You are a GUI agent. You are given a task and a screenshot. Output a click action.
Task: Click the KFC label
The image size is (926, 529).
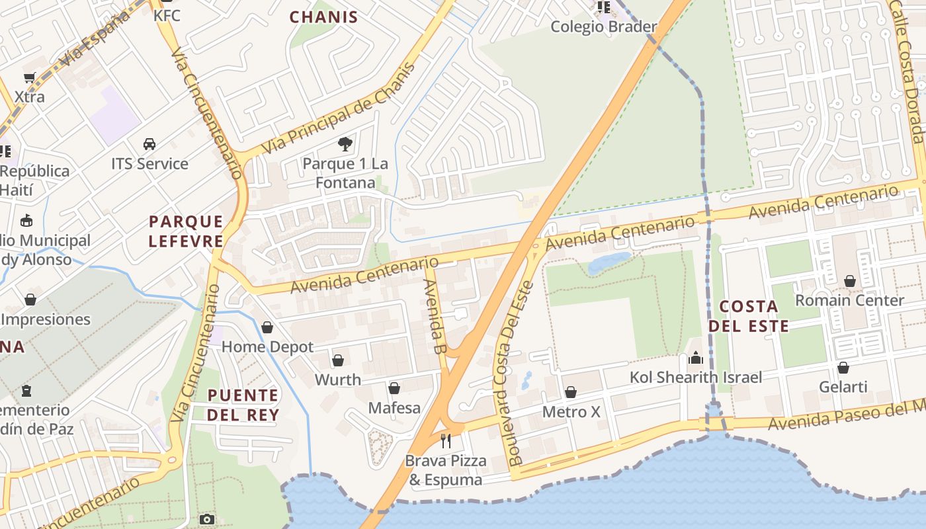click(x=167, y=15)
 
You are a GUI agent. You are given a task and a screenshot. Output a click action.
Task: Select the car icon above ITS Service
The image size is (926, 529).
click(x=149, y=144)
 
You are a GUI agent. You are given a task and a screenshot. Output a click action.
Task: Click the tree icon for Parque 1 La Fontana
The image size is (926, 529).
click(x=345, y=143)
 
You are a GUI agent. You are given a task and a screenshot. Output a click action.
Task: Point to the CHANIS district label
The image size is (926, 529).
click(x=324, y=17)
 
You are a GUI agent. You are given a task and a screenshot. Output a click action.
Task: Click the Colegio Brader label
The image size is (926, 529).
click(x=603, y=26)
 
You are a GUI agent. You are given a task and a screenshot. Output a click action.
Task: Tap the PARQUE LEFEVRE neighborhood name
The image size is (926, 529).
click(x=186, y=231)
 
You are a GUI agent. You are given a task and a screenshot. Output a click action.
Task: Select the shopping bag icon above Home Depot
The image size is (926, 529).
click(x=267, y=327)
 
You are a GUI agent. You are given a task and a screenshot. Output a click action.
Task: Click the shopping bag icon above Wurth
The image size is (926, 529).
click(x=338, y=360)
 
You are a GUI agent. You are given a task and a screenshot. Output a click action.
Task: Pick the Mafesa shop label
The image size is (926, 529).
click(x=394, y=407)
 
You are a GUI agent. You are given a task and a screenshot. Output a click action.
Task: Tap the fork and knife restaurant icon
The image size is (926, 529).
click(x=446, y=441)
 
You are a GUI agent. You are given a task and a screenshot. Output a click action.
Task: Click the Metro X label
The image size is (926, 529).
click(x=571, y=412)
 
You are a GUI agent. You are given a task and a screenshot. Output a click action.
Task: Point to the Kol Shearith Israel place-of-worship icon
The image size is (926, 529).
click(x=696, y=358)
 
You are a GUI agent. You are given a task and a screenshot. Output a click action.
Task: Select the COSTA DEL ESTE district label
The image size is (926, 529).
click(x=749, y=316)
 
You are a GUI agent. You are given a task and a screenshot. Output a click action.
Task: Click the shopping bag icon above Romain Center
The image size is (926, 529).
click(x=850, y=281)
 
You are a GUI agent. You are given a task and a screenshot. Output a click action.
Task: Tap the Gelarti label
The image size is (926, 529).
click(x=843, y=386)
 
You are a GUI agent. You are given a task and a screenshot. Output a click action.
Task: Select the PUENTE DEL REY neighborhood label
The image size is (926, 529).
click(x=243, y=405)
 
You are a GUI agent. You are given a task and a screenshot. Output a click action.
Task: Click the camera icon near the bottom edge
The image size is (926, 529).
click(x=207, y=519)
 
